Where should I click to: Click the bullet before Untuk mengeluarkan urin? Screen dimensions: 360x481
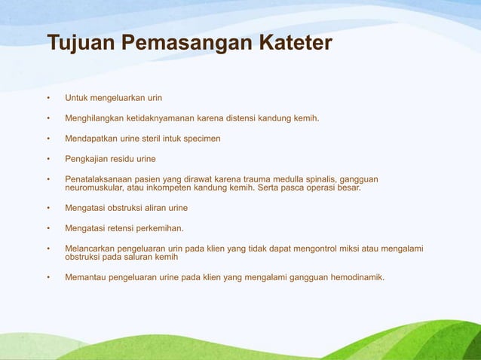(x=47, y=98)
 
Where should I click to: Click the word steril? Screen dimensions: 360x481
(x=155, y=139)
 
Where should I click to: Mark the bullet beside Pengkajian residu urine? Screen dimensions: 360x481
(x=47, y=159)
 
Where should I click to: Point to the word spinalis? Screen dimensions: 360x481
(x=320, y=179)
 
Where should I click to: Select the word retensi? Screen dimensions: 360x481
(x=128, y=228)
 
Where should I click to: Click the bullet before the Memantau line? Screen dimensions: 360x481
(x=47, y=277)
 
